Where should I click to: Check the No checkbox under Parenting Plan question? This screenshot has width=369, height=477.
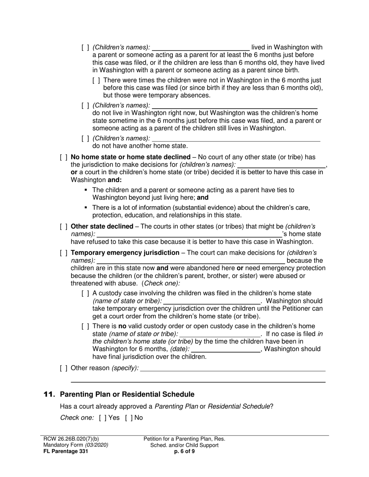pyautogui.click(x=128, y=418)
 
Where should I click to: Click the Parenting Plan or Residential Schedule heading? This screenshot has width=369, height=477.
pyautogui.click(x=127, y=394)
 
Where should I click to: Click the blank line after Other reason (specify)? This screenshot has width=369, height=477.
pyautogui.click(x=233, y=369)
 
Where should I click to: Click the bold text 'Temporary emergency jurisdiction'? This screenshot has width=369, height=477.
pyautogui.click(x=125, y=253)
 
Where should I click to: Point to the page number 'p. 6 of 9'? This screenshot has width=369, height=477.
pyautogui.click(x=184, y=451)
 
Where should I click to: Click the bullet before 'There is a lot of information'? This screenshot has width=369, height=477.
pyautogui.click(x=86, y=207)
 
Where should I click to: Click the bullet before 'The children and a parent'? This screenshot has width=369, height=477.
pyautogui.click(x=86, y=190)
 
